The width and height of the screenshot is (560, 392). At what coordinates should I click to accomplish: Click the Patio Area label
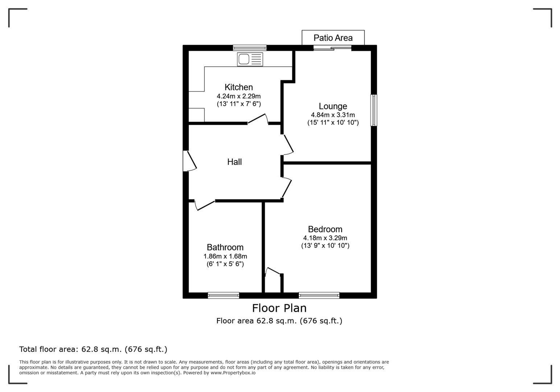click(333, 38)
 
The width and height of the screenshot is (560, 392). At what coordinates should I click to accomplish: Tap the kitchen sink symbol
click(250, 59)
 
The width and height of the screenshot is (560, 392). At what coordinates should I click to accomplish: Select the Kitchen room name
click(239, 87)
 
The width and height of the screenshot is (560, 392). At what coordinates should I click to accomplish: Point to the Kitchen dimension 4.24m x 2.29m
click(239, 96)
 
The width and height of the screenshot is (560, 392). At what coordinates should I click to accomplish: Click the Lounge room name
click(333, 106)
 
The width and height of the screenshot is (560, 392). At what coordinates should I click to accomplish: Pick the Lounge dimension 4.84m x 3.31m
click(333, 115)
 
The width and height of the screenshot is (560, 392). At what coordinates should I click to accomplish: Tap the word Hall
click(234, 162)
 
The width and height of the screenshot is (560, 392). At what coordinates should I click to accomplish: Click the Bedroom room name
click(325, 229)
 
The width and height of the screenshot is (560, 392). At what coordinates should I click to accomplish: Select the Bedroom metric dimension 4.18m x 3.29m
click(325, 238)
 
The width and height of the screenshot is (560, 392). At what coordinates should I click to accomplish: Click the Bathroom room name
click(225, 247)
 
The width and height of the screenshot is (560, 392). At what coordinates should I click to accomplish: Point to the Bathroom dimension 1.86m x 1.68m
click(225, 256)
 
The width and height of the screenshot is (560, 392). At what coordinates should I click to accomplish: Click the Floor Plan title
click(279, 308)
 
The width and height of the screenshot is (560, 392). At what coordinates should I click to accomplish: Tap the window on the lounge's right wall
click(374, 110)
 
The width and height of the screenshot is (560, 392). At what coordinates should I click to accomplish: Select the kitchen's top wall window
click(250, 48)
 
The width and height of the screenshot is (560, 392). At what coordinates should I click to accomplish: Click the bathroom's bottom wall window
click(223, 295)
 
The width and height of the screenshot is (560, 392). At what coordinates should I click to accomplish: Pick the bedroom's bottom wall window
click(319, 295)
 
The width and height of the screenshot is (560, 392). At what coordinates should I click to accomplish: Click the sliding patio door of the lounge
click(333, 48)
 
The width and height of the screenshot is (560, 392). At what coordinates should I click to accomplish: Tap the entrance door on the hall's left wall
click(189, 161)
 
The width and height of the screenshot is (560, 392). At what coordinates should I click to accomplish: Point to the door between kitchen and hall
click(258, 119)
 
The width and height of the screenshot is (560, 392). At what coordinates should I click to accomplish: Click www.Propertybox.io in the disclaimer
click(233, 373)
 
